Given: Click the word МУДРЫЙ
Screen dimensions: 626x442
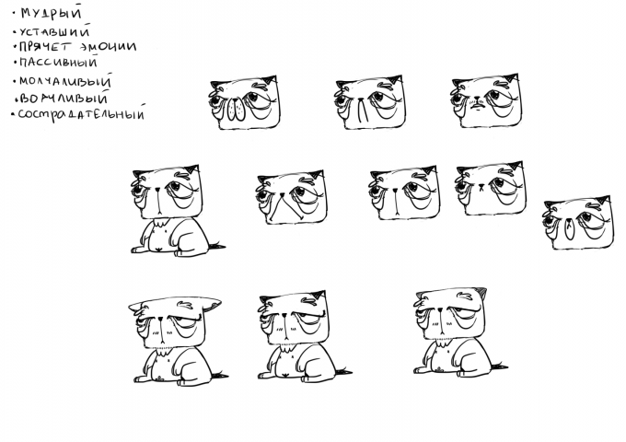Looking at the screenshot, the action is pyautogui.click(x=51, y=12).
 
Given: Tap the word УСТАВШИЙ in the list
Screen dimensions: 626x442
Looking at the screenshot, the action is pyautogui.click(x=54, y=31).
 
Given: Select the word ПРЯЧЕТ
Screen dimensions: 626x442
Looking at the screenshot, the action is pyautogui.click(x=44, y=47).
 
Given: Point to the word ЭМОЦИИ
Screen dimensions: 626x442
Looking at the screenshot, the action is pyautogui.click(x=107, y=46).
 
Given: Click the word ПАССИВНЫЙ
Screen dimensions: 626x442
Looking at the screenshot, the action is pyautogui.click(x=58, y=63).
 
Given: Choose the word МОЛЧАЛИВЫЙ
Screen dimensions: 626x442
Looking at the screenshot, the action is pyautogui.click(x=65, y=81).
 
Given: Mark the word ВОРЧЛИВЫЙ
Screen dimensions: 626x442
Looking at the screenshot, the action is pyautogui.click(x=64, y=98).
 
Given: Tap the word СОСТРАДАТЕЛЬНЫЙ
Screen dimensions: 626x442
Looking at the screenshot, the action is pyautogui.click(x=81, y=114).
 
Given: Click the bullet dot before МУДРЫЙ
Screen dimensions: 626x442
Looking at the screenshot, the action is pyautogui.click(x=15, y=14).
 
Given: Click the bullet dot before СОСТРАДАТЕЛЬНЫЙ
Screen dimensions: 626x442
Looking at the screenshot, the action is pyautogui.click(x=13, y=114).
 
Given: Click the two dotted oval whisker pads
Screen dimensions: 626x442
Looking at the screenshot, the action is pyautogui.click(x=236, y=110).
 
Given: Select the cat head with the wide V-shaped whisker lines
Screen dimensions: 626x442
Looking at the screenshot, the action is pyautogui.click(x=291, y=198).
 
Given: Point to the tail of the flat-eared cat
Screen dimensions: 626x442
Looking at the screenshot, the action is pyautogui.click(x=220, y=375).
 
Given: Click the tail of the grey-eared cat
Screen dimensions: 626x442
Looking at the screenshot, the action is pyautogui.click(x=500, y=366).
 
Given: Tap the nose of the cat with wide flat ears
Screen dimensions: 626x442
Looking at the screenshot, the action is pyautogui.click(x=160, y=319).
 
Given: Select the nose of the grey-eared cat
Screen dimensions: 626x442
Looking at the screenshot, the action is pyautogui.click(x=439, y=309).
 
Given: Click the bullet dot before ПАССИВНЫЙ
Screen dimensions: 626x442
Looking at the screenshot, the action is pyautogui.click(x=15, y=63).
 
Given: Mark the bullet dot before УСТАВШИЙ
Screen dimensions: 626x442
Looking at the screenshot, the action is pyautogui.click(x=15, y=32).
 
